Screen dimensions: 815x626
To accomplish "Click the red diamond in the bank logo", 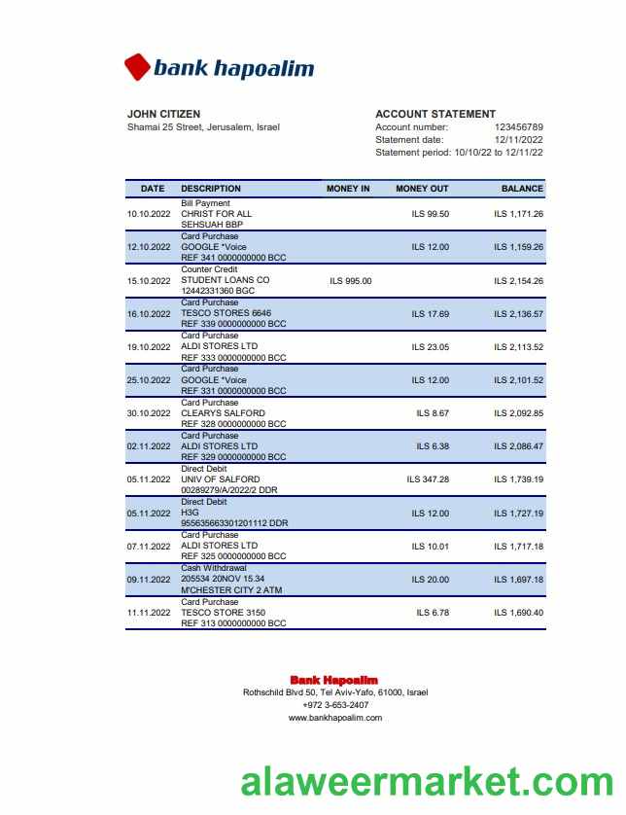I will pos(138,67).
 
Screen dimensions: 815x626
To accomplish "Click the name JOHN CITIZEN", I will pos(163,114).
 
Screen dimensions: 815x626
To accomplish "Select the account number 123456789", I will pos(518,127).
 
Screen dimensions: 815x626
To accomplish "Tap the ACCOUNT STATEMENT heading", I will pos(435,114).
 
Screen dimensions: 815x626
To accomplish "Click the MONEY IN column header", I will pos(348,189).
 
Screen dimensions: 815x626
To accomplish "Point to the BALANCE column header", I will pos(522,189).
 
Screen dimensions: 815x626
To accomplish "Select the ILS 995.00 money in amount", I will pos(351,281).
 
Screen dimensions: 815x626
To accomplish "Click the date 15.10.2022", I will pos(149,281).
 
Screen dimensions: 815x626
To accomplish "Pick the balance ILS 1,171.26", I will pos(518,214).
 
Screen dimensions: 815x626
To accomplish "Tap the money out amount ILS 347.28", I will pos(428,479).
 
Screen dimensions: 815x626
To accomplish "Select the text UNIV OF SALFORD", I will pos(221,479).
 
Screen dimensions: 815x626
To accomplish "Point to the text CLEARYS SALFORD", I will pos(223,413).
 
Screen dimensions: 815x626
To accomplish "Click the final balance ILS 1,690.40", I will pos(518,613).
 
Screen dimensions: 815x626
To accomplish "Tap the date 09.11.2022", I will pos(149,580).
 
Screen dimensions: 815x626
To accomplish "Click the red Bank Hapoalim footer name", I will pos(333,680).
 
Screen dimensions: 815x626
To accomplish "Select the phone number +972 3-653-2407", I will pos(335,705).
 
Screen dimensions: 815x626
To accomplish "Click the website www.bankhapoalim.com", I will pos(335,718).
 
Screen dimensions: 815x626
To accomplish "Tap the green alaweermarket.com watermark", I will pos(427,783).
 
